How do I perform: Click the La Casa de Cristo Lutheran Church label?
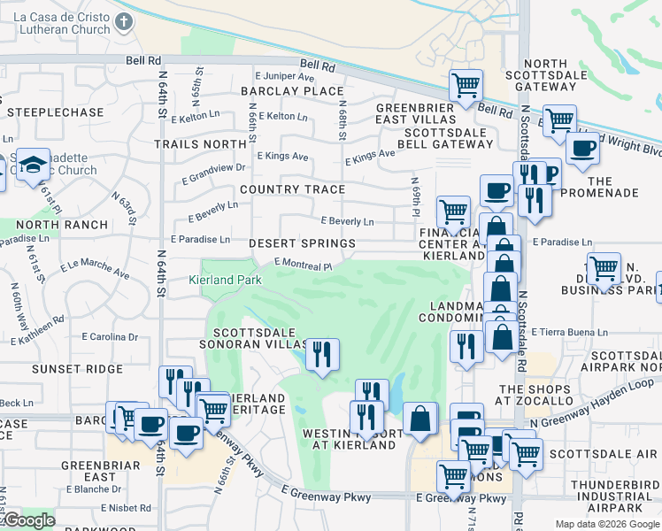[x=54, y=24]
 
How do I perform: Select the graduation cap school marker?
[x=33, y=165]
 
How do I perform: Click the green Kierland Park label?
[x=226, y=280]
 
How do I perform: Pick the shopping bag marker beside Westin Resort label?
[x=420, y=419]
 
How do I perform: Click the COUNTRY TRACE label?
[x=292, y=189]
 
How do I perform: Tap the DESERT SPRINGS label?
[x=302, y=242]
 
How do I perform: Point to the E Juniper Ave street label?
[x=285, y=76]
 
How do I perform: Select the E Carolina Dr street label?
[x=116, y=336]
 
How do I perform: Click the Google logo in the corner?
[x=28, y=520]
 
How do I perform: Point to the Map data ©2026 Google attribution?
[x=606, y=524]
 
